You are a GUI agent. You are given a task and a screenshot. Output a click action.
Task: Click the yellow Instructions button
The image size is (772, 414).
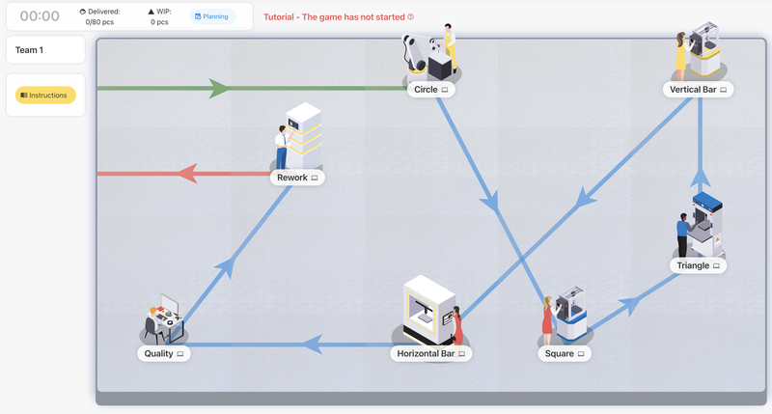[45, 95]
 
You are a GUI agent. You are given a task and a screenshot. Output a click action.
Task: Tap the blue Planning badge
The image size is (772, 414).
[212, 16]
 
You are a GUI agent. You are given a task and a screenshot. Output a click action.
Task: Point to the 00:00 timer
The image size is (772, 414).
[40, 16]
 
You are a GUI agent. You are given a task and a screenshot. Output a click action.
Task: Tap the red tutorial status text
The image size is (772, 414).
[338, 16]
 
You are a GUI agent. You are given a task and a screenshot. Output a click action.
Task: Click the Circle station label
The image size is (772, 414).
[430, 90]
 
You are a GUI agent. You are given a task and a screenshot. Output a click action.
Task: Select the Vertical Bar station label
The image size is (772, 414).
[699, 90]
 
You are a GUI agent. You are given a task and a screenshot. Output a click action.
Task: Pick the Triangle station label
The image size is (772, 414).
[699, 265]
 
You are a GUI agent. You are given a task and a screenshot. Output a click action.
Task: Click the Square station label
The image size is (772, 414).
[565, 354]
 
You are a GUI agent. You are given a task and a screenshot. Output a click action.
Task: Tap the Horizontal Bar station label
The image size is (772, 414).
[430, 354]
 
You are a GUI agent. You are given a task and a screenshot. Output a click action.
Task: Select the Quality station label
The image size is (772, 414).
[163, 354]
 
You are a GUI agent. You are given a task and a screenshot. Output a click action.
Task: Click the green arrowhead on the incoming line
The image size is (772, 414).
[220, 89]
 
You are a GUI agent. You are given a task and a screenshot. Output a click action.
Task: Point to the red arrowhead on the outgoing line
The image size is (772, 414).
[185, 174]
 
